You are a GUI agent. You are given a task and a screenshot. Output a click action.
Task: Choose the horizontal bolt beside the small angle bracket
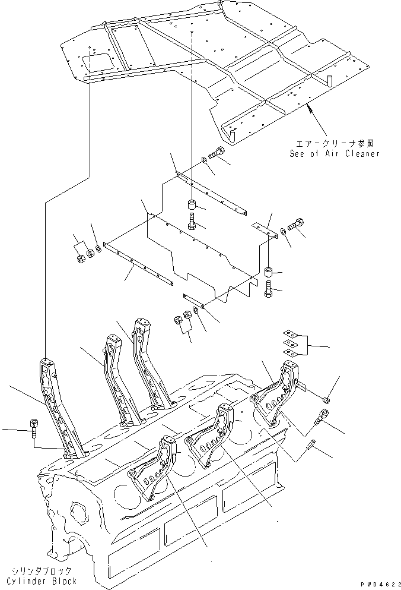coord(297,225)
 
